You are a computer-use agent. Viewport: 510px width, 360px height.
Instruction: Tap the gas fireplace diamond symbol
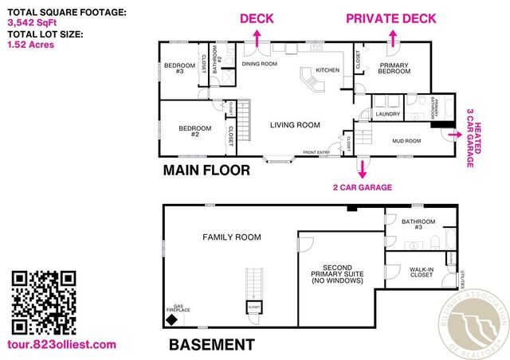coord(171,319)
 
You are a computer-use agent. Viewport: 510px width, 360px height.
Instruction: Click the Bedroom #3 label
coord(174,68)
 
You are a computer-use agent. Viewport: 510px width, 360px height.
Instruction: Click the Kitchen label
coord(328,71)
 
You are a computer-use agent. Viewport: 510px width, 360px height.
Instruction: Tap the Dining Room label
coord(259,63)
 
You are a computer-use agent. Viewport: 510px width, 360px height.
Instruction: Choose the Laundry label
coord(387,114)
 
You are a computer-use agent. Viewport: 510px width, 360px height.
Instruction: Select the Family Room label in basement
coord(231,237)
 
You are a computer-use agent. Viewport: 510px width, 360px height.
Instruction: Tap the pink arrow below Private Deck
coord(393,37)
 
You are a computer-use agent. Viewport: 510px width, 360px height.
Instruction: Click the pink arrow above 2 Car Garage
coord(363,169)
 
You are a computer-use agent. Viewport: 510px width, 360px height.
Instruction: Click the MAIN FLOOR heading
coord(206,170)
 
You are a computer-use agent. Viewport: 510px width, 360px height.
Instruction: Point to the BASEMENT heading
coord(211,345)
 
